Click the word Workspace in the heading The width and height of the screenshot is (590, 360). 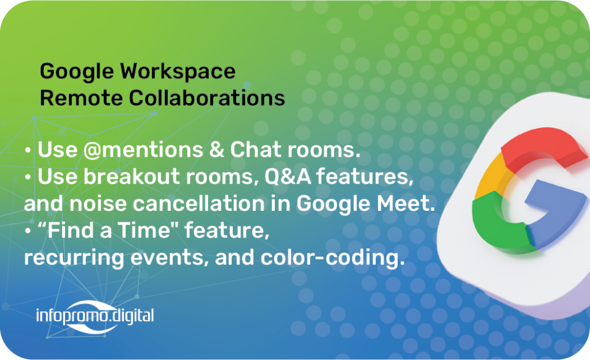pyautogui.click(x=177, y=72)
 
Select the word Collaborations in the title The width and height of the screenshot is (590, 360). pyautogui.click(x=207, y=98)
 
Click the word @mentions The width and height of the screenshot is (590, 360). pyautogui.click(x=143, y=150)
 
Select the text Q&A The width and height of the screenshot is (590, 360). pyautogui.click(x=288, y=176)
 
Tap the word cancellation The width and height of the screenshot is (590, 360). pyautogui.click(x=199, y=203)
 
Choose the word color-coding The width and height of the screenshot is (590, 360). pyautogui.click(x=332, y=257)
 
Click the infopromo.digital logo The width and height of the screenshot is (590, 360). pyautogui.click(x=95, y=317)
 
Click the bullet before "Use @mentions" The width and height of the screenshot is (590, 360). pyautogui.click(x=28, y=150)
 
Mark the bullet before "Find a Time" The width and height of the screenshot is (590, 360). pyautogui.click(x=28, y=231)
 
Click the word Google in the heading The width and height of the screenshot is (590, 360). pyautogui.click(x=77, y=72)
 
